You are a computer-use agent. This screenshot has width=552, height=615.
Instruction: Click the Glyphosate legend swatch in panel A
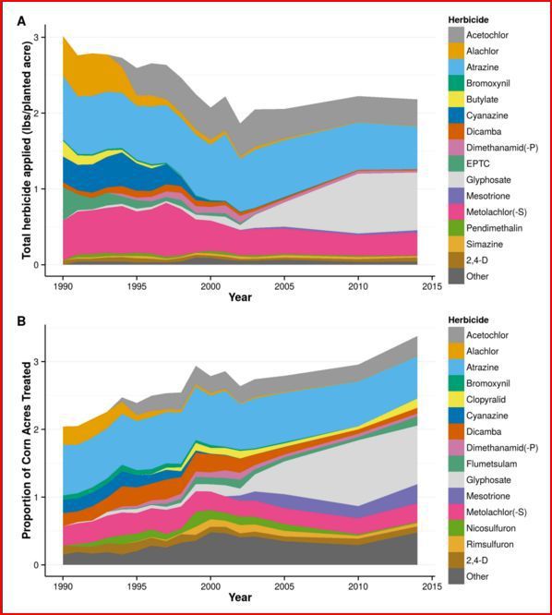[456, 180]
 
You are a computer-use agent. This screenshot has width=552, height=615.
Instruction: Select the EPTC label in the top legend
[478, 164]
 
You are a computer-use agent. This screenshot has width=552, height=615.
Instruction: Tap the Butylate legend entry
[482, 100]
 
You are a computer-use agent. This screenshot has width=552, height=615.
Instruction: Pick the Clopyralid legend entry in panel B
[486, 400]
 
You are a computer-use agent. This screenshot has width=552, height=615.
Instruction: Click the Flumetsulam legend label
[492, 464]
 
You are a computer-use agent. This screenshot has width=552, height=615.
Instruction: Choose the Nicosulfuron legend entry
[491, 528]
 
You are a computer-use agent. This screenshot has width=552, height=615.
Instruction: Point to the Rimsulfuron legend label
[489, 545]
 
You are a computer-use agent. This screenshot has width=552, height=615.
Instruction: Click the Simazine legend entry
[485, 245]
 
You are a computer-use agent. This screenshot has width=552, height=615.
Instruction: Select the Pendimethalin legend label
[495, 228]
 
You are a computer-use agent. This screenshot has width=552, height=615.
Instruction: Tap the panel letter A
[21, 21]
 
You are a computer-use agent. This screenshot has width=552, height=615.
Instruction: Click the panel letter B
[21, 320]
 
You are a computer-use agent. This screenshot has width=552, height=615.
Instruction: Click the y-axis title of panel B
[26, 451]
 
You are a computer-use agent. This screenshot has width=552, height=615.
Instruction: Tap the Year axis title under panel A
[240, 297]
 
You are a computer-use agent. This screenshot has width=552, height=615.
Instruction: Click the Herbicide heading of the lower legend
[469, 320]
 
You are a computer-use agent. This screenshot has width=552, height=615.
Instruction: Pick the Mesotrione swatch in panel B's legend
[456, 496]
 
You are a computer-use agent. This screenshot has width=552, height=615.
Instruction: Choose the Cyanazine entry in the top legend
[486, 115]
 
